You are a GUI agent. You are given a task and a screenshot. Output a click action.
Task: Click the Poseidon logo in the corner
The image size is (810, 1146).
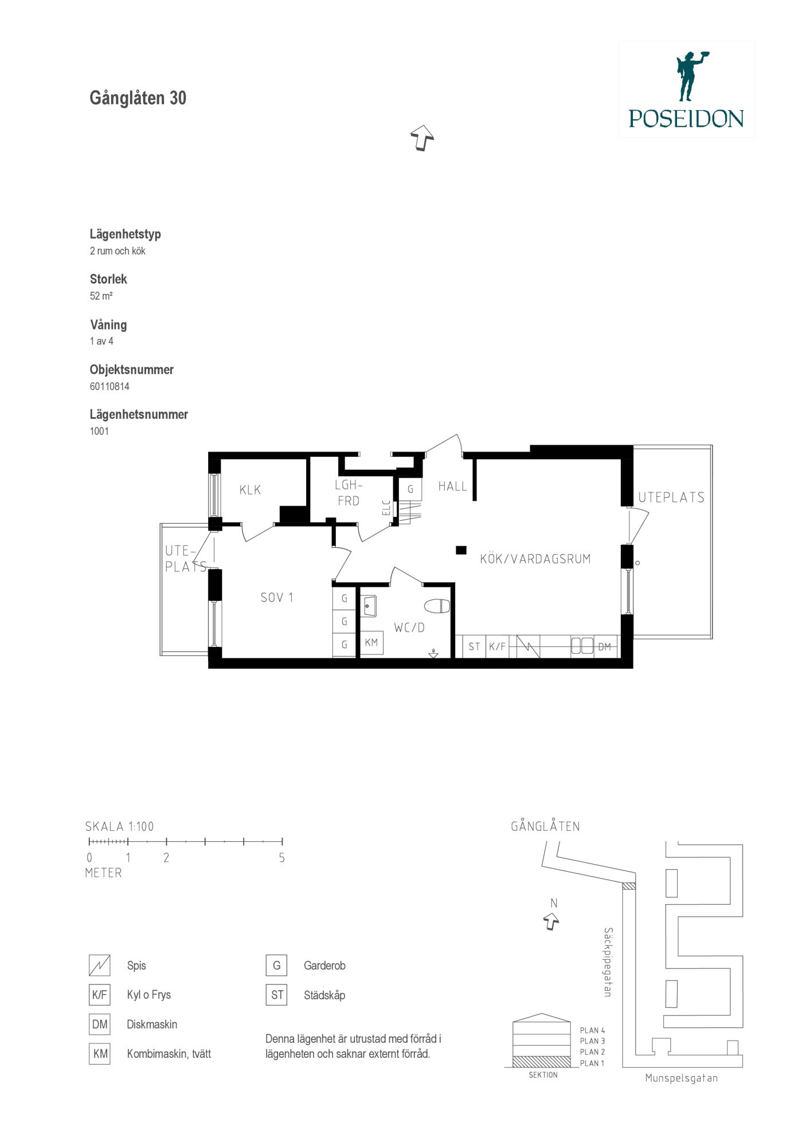[686, 89]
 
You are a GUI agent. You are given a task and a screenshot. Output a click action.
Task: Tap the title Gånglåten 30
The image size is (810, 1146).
[138, 98]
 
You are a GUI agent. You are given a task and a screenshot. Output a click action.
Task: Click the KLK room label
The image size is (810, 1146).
[251, 490]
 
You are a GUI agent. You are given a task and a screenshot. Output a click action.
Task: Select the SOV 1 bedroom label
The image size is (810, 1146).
[277, 598]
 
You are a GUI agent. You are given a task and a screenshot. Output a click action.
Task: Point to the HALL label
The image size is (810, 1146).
[453, 486]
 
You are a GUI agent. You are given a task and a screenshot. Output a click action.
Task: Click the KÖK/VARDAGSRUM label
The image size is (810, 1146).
[535, 559]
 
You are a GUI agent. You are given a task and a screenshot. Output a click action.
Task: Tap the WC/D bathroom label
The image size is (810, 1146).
[409, 627]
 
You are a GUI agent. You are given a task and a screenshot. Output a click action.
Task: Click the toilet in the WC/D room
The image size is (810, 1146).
[437, 606]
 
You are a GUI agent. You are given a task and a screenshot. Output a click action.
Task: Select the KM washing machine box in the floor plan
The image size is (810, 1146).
[371, 643]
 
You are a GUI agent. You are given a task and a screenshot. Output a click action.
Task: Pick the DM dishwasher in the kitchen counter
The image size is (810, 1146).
[605, 647]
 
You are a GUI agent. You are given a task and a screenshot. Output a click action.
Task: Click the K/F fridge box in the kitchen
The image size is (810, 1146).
[498, 647]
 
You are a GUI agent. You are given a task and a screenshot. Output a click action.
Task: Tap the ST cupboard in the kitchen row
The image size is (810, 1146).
[474, 647]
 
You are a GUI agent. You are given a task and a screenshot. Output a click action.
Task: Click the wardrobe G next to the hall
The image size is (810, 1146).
[410, 490]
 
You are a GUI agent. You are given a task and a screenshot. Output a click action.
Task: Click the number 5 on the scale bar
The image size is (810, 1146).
[281, 858]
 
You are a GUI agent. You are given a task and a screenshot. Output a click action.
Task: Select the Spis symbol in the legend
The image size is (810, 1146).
[99, 966]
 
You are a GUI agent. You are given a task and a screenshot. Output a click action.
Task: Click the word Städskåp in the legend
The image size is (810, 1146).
[324, 995]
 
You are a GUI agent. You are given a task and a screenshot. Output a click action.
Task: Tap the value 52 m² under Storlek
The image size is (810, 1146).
[101, 296]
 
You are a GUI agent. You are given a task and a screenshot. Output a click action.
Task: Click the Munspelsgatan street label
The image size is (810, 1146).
[682, 1078]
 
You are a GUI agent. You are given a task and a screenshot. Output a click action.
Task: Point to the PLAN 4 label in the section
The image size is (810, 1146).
[593, 1030]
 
